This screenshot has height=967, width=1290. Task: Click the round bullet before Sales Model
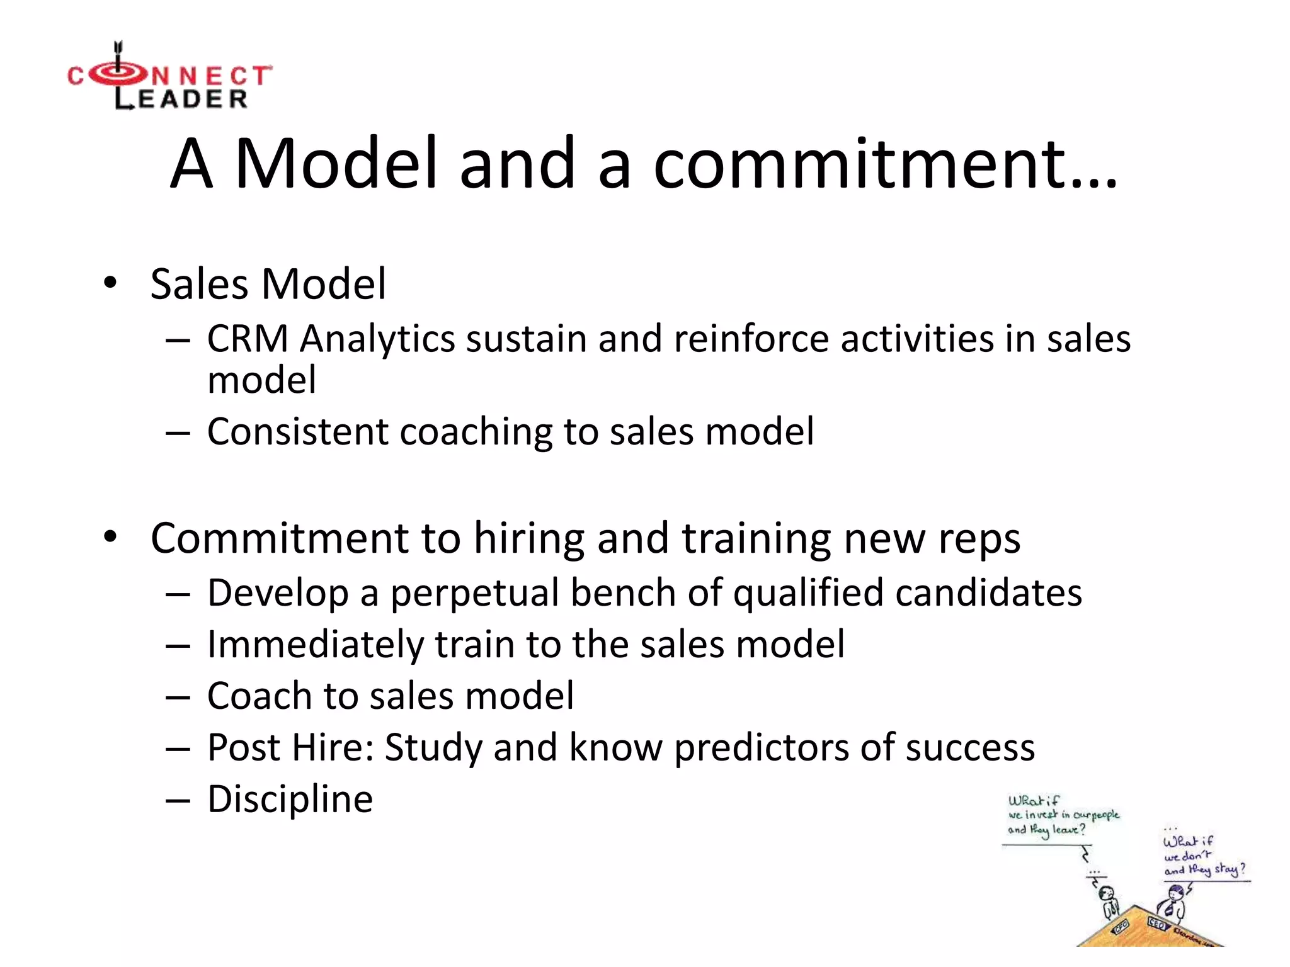pyautogui.click(x=111, y=283)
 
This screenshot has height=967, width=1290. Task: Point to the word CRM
pyautogui.click(x=248, y=339)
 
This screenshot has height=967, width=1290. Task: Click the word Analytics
pyautogui.click(x=377, y=339)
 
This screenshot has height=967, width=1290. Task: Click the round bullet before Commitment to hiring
pyautogui.click(x=111, y=537)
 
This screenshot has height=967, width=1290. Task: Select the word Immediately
pyautogui.click(x=316, y=645)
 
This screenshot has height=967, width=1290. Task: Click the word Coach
pyautogui.click(x=260, y=696)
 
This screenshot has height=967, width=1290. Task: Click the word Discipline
pyautogui.click(x=290, y=800)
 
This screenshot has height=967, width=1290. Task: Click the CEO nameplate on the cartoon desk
pyautogui.click(x=1157, y=924)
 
